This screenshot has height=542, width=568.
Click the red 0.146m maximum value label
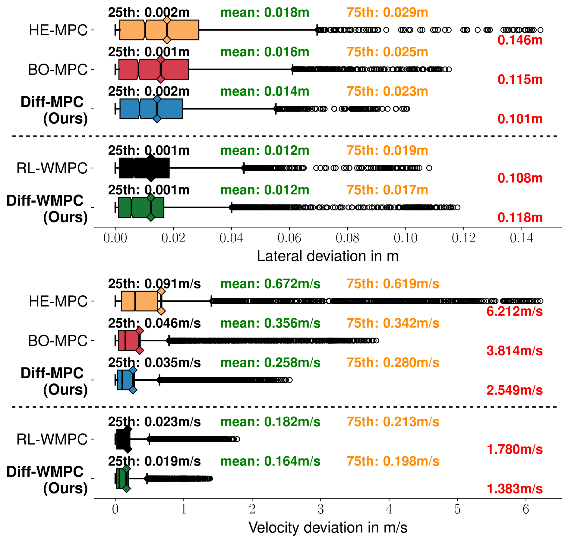coord(520,40)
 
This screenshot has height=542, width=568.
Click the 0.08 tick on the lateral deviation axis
coord(347,238)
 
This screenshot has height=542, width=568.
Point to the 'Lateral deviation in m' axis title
coord(328,256)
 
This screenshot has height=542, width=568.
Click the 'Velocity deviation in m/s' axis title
coord(328,528)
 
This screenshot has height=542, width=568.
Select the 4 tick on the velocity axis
coord(389,509)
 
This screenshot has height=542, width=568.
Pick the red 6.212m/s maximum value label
coord(514,311)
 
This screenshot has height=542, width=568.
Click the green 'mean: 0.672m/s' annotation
coord(270,284)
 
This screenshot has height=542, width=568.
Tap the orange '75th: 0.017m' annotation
coord(387,190)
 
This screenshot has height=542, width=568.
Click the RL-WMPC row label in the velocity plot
coord(52,439)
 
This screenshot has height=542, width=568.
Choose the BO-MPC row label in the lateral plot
coord(58,70)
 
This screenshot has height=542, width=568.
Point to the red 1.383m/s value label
coord(514,489)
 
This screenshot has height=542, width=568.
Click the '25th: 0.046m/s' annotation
coord(154,323)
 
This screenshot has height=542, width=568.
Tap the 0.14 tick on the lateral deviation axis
coord(522,238)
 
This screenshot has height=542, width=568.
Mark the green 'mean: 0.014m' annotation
coord(265,91)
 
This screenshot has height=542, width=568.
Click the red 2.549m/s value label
coord(514,390)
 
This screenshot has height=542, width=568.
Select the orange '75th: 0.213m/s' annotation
coord(393,422)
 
